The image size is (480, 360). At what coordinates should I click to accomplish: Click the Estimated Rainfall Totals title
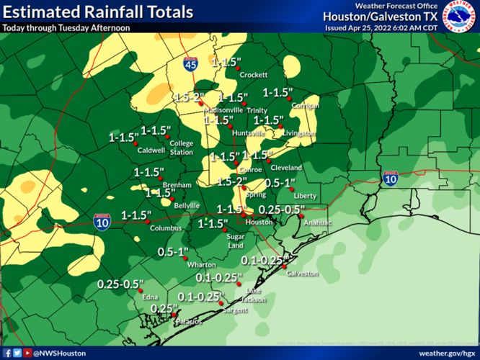tap(98, 12)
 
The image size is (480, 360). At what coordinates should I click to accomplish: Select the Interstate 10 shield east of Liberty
tap(390, 179)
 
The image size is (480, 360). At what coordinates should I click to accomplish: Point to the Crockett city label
tap(254, 75)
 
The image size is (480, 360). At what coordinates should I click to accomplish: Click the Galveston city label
tap(302, 274)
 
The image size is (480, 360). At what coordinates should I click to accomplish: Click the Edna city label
tap(150, 297)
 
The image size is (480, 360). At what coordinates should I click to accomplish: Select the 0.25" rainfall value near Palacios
tap(164, 309)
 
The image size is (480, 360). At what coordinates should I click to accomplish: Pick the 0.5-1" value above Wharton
tap(173, 251)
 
